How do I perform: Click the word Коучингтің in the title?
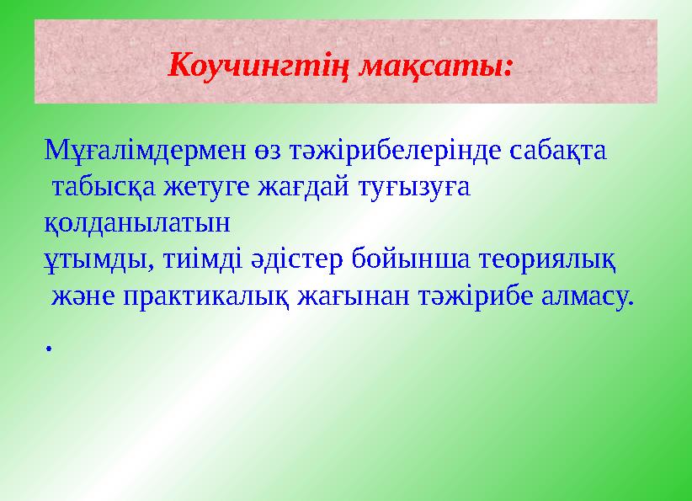coord(258,64)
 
